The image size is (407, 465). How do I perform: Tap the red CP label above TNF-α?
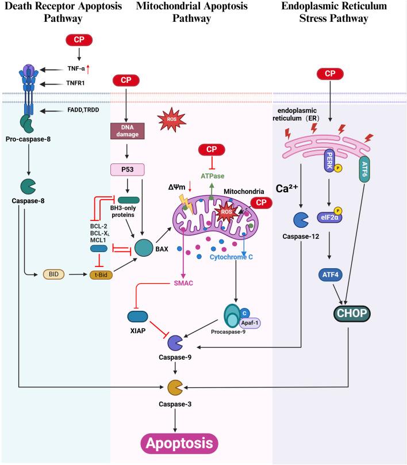coord(79,40)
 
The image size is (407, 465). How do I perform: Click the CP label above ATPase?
coord(211,150)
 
